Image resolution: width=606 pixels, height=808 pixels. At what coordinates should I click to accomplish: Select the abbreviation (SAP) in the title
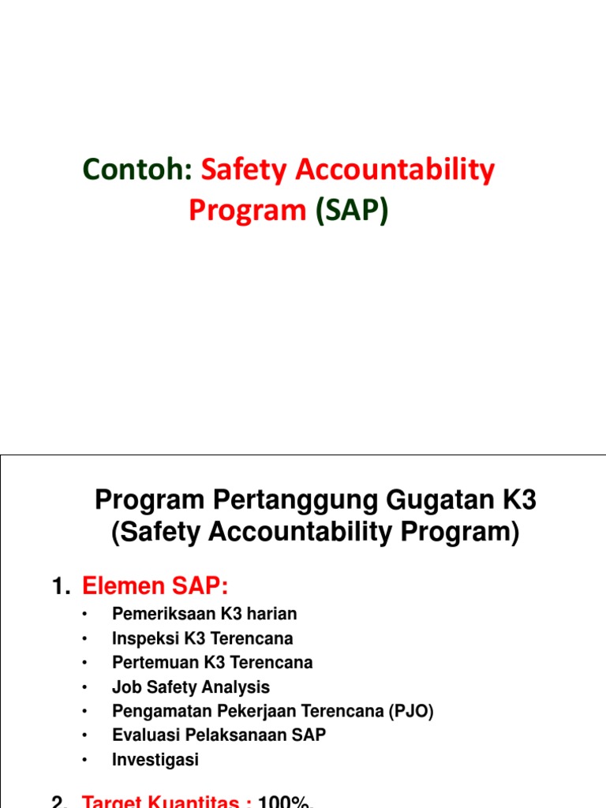352,211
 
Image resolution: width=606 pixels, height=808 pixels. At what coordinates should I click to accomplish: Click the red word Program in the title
248,211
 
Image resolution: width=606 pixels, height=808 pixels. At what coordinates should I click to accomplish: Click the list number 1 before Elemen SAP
58,586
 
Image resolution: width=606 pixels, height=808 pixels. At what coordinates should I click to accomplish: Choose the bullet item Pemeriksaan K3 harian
204,613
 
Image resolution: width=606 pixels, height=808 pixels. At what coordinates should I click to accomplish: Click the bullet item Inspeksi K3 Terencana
202,638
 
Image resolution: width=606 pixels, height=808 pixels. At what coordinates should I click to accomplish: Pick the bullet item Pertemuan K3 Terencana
212,662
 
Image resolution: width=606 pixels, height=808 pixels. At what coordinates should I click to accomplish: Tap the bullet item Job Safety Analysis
191,686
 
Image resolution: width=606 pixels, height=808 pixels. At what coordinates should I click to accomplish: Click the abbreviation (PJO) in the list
410,711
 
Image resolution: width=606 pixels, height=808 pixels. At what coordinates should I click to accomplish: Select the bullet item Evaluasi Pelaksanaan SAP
219,735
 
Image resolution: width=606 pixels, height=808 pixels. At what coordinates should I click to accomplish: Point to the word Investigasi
155,760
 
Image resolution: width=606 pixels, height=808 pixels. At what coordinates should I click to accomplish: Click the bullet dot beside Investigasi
84,761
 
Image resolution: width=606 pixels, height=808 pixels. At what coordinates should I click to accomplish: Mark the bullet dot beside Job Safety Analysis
84,687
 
